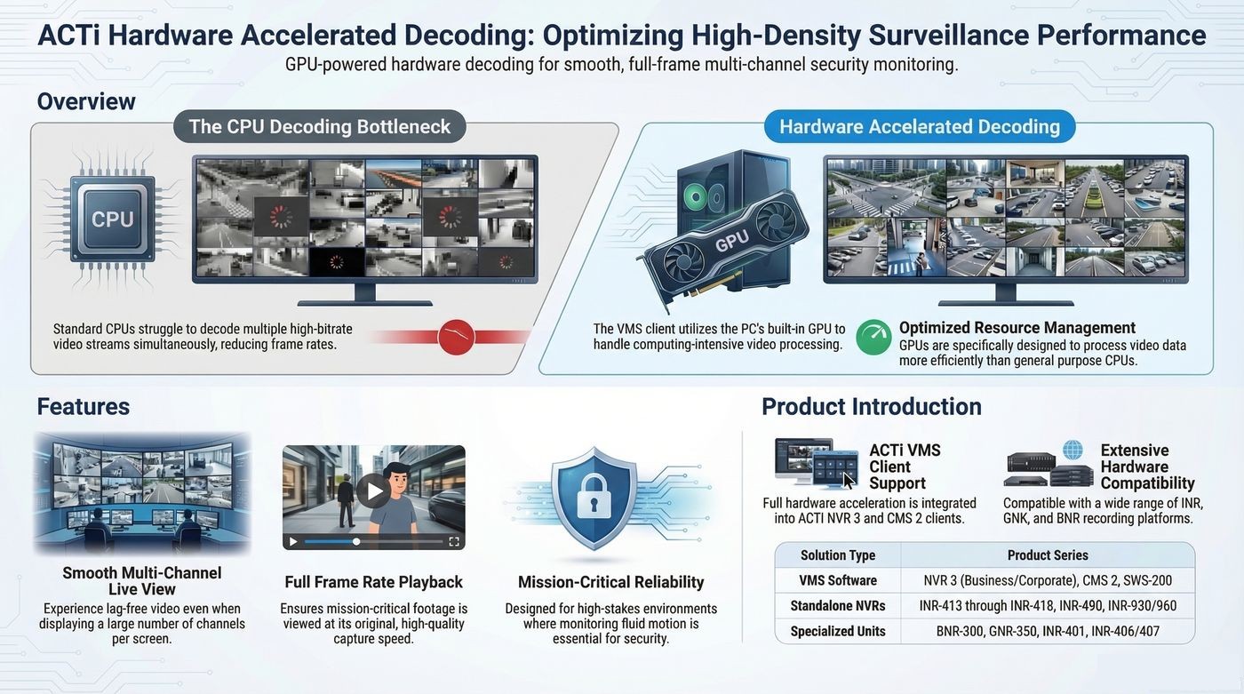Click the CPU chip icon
(113, 219)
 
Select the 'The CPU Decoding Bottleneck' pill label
(319, 126)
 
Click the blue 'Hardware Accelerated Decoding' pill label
(920, 126)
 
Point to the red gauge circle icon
(456, 337)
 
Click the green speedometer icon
(873, 337)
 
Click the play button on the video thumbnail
(373, 491)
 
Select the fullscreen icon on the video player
(454, 542)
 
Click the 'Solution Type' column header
(837, 555)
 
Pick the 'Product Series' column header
(1048, 555)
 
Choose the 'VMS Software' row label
(837, 581)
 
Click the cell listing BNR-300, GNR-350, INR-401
(1048, 631)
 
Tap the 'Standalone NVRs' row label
(837, 606)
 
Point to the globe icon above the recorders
(1073, 450)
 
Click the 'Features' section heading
(84, 406)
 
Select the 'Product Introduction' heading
(872, 406)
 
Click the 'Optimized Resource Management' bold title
(1017, 328)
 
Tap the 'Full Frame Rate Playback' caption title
(373, 582)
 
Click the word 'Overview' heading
(86, 101)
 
